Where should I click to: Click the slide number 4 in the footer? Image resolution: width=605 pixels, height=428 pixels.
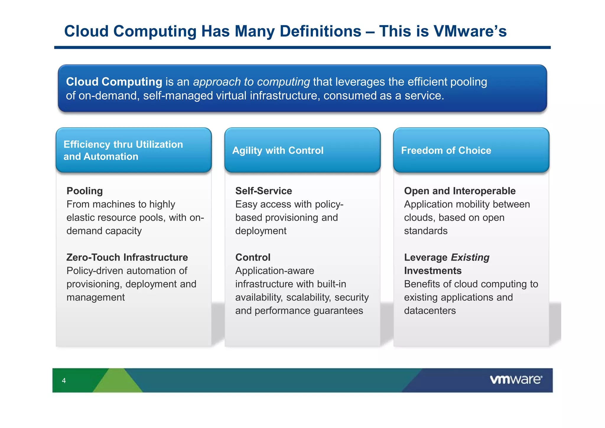click(x=64, y=381)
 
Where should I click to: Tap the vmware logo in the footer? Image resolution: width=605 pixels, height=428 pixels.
click(x=516, y=379)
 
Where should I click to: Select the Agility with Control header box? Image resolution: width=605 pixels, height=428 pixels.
click(x=302, y=150)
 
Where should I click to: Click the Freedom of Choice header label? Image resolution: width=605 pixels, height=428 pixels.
click(x=446, y=150)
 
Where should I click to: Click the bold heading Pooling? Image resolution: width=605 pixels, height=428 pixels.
click(x=84, y=191)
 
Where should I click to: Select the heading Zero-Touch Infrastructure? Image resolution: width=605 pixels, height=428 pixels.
click(x=127, y=257)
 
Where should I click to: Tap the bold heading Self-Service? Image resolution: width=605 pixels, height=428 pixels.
click(x=264, y=191)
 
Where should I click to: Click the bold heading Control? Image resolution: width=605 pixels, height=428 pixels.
click(x=253, y=257)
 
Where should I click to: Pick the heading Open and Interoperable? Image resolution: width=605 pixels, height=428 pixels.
click(x=460, y=191)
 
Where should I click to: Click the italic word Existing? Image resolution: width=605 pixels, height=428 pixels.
click(x=470, y=257)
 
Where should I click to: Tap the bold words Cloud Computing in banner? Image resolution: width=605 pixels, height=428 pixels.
click(x=114, y=82)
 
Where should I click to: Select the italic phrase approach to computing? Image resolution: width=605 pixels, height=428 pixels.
click(x=251, y=82)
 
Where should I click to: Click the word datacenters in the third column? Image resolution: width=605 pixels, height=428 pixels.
click(x=430, y=311)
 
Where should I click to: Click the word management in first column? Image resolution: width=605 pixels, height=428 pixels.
click(x=95, y=297)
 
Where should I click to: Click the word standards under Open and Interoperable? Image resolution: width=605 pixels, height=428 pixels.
click(x=426, y=231)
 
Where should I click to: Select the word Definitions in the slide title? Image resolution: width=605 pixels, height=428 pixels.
click(x=320, y=31)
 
